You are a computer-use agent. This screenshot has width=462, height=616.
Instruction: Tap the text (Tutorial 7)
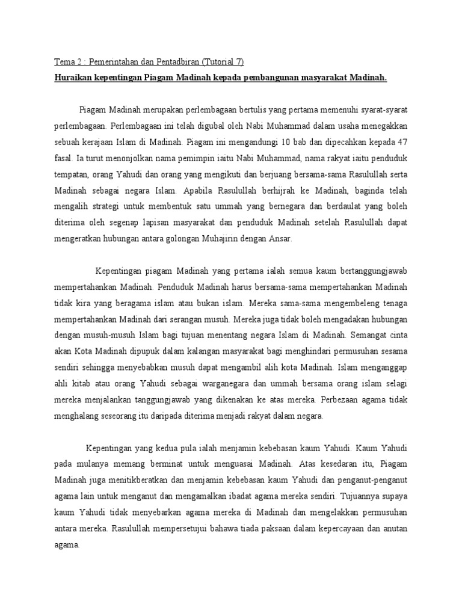click(223, 62)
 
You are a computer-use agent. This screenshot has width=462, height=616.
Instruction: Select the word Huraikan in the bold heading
click(73, 78)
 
